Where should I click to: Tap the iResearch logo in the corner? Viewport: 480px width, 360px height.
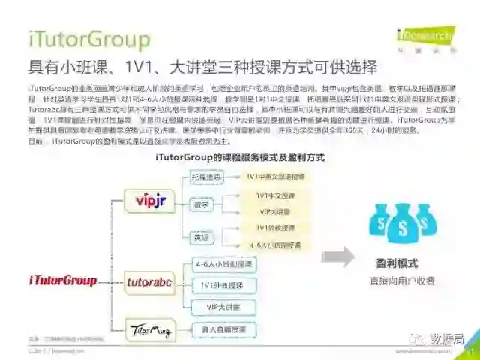tap(424, 35)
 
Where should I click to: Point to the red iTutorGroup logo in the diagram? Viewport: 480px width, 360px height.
tap(63, 280)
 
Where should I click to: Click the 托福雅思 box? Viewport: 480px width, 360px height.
tap(207, 176)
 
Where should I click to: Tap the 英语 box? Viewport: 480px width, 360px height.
tap(201, 236)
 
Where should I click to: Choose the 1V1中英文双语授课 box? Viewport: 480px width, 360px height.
tap(275, 176)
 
